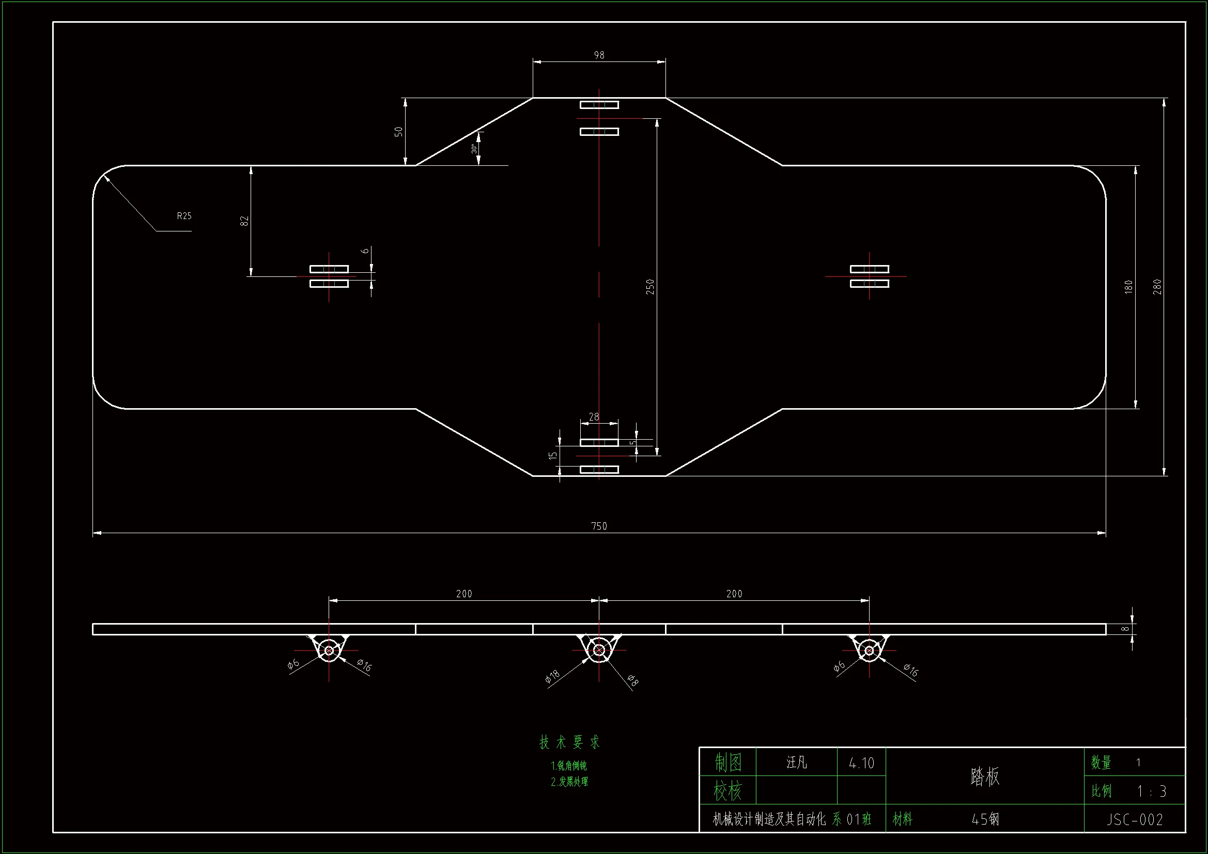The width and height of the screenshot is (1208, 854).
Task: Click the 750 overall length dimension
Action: point(599,525)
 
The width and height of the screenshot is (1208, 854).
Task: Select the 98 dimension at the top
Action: point(599,55)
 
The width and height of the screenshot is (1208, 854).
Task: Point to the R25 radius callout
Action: point(184,216)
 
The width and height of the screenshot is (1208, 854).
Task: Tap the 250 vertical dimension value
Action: point(650,286)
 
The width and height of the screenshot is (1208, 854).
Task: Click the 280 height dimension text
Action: point(1157,286)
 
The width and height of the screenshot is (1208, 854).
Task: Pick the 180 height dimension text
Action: point(1128,286)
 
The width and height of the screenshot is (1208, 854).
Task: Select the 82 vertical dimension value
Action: point(244,221)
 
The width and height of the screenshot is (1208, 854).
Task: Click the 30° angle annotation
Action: point(474,149)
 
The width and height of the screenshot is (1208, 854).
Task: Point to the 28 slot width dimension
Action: point(594,417)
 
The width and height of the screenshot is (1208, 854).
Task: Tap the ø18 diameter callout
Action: point(552,676)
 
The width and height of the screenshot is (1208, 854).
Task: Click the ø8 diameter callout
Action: point(633,681)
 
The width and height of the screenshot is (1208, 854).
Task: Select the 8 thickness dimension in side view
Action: point(1124,629)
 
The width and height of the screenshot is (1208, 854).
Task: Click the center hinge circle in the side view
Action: point(599,650)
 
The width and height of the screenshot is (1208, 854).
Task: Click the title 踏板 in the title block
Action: point(984,777)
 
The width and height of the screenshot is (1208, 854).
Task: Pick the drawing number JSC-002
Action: point(1134,819)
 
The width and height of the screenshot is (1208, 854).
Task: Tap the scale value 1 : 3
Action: point(1151,791)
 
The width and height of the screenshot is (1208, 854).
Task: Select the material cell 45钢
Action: point(985,819)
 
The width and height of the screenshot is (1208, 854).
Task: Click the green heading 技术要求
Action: point(569,742)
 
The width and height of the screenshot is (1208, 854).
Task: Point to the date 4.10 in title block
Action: point(861,763)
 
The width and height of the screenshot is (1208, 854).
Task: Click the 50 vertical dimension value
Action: point(398,131)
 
